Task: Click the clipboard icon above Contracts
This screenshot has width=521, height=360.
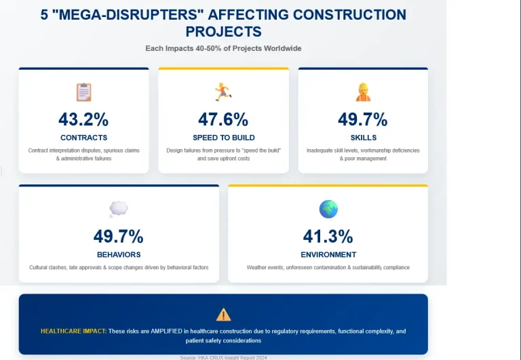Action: tap(83, 92)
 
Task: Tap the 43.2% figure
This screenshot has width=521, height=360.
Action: tap(83, 119)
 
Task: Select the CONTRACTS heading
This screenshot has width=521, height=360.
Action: tap(83, 138)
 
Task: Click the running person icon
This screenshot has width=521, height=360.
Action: tap(223, 92)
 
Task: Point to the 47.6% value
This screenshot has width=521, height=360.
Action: tap(223, 119)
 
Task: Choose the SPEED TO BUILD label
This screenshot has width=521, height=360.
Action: tap(223, 138)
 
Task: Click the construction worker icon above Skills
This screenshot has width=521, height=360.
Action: tap(363, 92)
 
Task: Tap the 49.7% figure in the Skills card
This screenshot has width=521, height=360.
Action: tap(363, 119)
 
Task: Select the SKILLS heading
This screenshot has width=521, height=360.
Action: tap(363, 138)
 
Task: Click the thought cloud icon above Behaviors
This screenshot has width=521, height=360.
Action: tap(119, 209)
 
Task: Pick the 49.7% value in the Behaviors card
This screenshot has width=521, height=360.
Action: tap(119, 237)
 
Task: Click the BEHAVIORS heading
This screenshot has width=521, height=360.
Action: tap(119, 255)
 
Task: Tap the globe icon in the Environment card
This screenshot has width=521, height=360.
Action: tap(328, 209)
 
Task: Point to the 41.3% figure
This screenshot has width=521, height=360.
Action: tap(328, 237)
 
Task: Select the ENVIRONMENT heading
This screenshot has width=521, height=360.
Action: tap(328, 255)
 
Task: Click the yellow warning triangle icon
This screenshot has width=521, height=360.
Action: tap(223, 315)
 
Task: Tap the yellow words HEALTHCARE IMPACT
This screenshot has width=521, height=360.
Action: tap(73, 332)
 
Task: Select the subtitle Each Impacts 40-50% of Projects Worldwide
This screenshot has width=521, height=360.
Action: tap(223, 48)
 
